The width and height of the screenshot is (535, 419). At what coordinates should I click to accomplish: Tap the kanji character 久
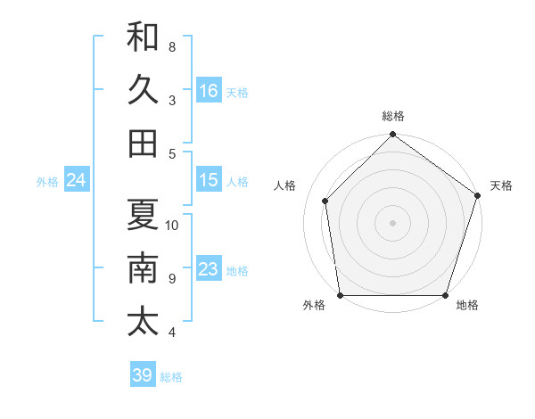[x=143, y=89]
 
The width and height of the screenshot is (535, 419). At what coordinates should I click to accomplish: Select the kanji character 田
[x=143, y=143]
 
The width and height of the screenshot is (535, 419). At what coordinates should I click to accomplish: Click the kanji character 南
[x=143, y=268]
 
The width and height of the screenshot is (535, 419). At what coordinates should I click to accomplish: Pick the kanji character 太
[x=143, y=322]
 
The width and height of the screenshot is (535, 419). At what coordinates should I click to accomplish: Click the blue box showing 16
[x=209, y=90]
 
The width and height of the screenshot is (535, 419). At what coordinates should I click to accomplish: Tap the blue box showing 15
[x=209, y=180]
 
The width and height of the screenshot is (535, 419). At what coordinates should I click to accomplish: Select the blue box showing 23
[x=209, y=269]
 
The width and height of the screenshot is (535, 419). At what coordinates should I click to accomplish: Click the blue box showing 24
[x=77, y=181]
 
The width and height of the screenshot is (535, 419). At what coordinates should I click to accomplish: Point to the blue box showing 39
[x=142, y=375]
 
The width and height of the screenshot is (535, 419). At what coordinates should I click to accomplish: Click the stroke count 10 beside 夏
[x=173, y=225]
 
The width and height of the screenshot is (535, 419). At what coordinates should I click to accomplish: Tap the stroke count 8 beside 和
[x=172, y=46]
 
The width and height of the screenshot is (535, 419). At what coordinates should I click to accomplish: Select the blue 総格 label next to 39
[x=171, y=377]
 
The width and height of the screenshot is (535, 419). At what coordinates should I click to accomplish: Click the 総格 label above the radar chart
[x=392, y=116]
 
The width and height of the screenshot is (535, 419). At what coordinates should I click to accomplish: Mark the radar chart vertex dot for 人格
[x=325, y=201]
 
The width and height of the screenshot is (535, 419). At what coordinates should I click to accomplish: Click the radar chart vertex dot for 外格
[x=340, y=295]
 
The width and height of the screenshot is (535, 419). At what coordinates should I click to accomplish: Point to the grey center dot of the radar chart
[x=392, y=222]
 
